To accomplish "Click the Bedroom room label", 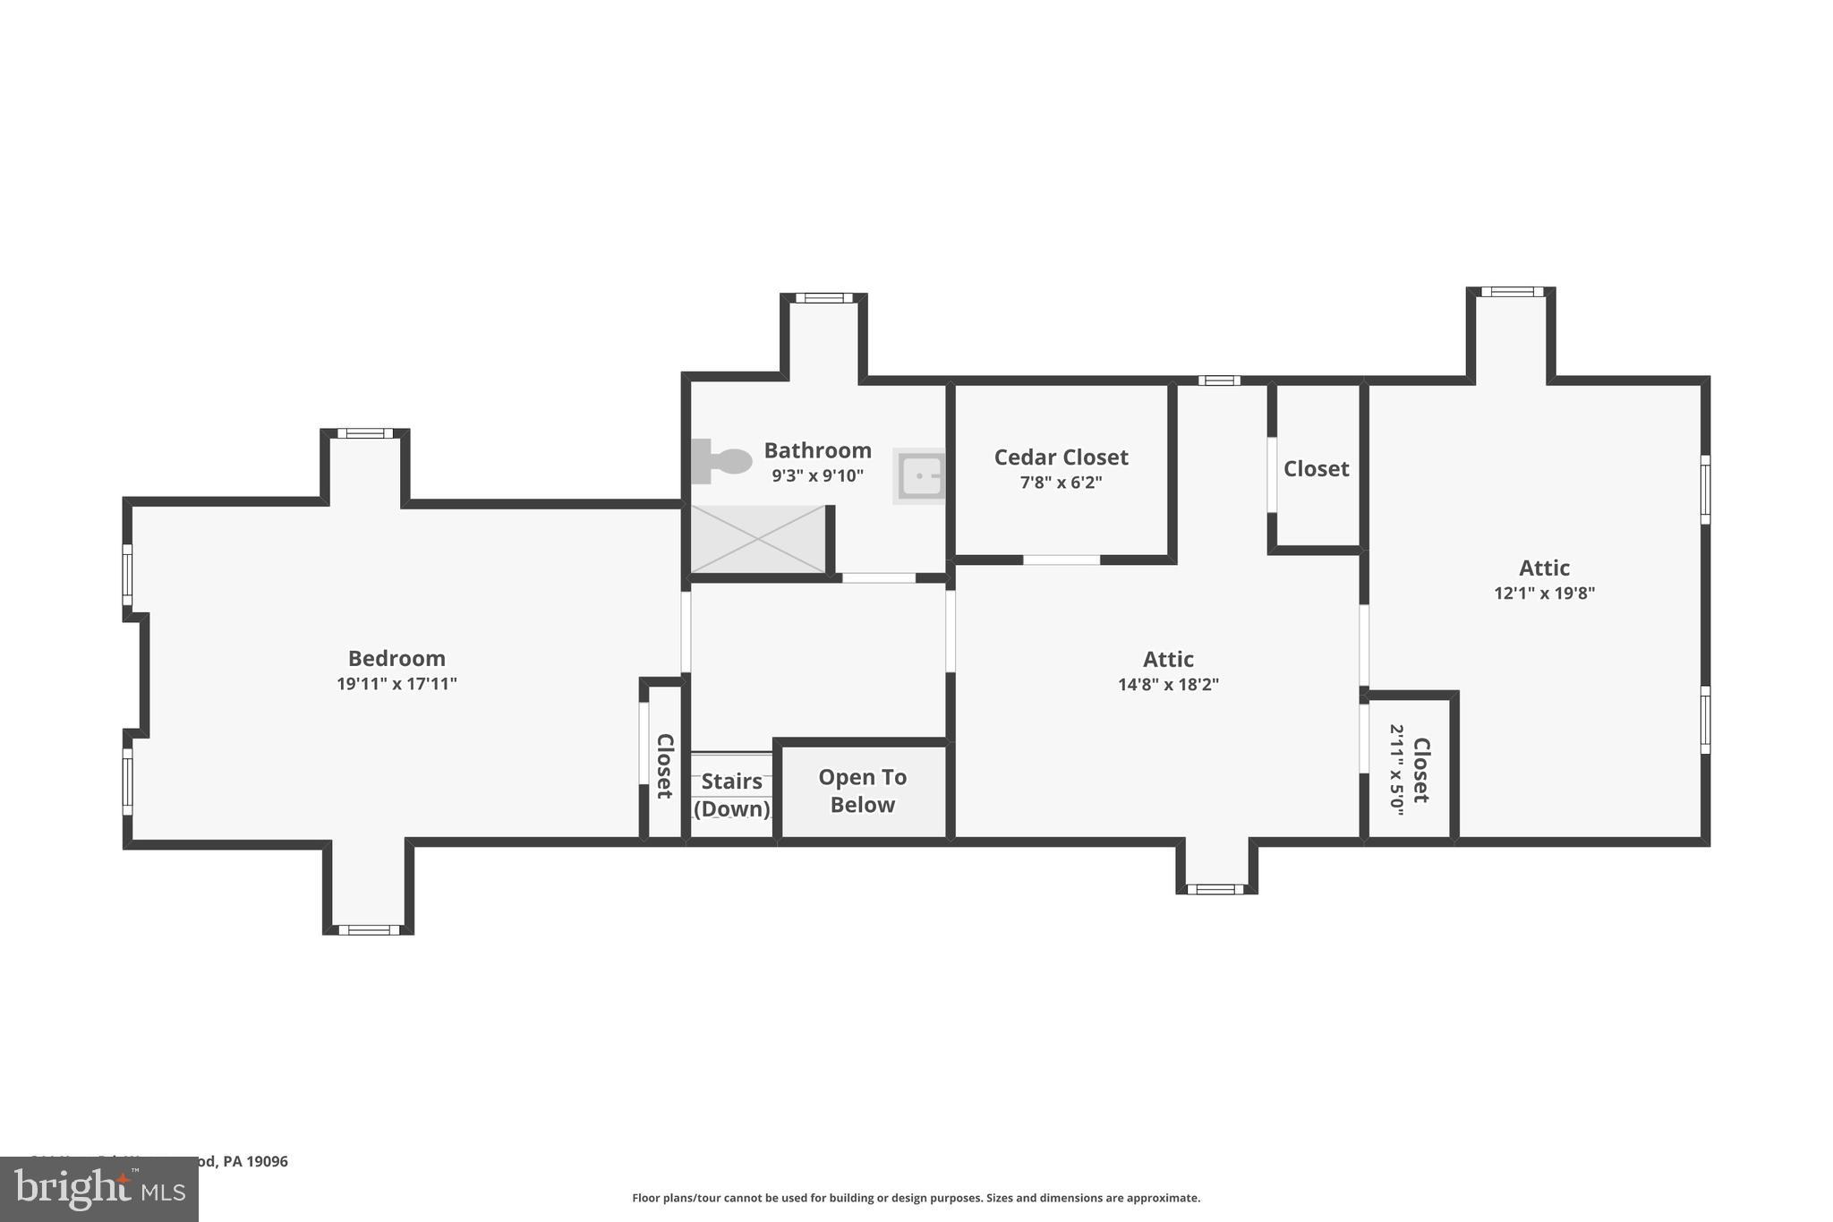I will [396, 659].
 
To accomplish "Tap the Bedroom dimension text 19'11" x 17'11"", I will [396, 685].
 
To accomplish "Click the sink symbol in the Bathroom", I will [920, 476].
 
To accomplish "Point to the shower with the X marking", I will [757, 539].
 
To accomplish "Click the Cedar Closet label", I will [1061, 457].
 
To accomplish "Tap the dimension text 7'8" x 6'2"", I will [1061, 483].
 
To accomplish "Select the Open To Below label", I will [862, 791].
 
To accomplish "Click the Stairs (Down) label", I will [732, 795].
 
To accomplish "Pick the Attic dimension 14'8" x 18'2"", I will [1168, 686].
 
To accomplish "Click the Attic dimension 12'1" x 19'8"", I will [1544, 594].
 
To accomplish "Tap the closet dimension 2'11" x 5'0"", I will [1397, 768].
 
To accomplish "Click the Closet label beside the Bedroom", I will [664, 766].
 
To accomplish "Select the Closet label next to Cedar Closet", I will [1316, 469].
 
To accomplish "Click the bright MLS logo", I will [99, 1189].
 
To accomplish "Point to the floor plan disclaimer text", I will [916, 1198].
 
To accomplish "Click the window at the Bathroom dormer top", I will [823, 298].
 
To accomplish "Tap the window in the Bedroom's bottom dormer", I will [368, 930].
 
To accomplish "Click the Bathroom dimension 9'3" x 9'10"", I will [817, 476].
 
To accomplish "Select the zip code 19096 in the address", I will [268, 1161].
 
